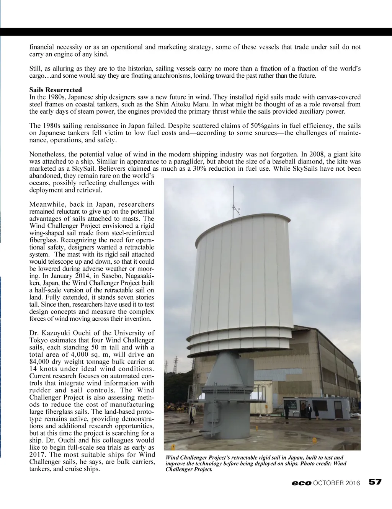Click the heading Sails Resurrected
(x=56, y=90)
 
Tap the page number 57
(x=375, y=482)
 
